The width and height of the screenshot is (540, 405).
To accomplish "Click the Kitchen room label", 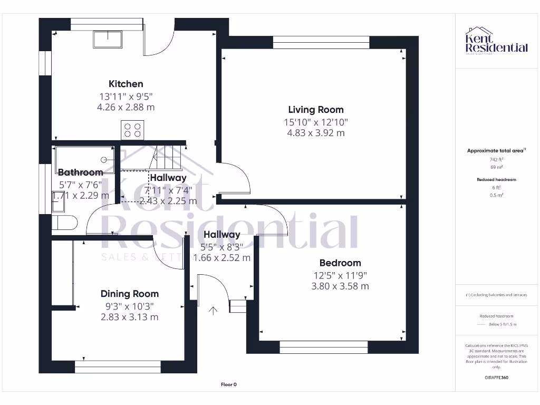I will [126, 84].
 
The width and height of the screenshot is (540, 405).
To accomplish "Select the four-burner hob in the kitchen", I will [132, 129].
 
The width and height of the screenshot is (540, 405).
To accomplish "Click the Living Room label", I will [315, 110].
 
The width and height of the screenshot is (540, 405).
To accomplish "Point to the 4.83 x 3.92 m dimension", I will [315, 133].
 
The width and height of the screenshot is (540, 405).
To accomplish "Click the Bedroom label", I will [340, 263].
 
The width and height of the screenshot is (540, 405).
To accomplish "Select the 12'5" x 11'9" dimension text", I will [340, 275].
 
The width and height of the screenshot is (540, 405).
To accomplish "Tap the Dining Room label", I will [129, 294].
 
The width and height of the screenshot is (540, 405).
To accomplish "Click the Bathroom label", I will [80, 172].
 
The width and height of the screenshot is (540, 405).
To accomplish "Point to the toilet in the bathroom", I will [65, 224].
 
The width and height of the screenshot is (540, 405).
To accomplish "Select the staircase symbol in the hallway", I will [166, 156].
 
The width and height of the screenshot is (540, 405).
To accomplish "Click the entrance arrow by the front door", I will [213, 311].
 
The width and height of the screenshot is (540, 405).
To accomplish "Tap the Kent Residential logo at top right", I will [496, 42].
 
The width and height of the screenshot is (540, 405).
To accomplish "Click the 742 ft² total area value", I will [496, 159].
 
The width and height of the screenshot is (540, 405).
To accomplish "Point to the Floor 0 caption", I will [228, 384].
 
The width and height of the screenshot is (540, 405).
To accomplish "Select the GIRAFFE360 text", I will [496, 378].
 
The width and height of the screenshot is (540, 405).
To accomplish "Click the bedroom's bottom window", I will [323, 347].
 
